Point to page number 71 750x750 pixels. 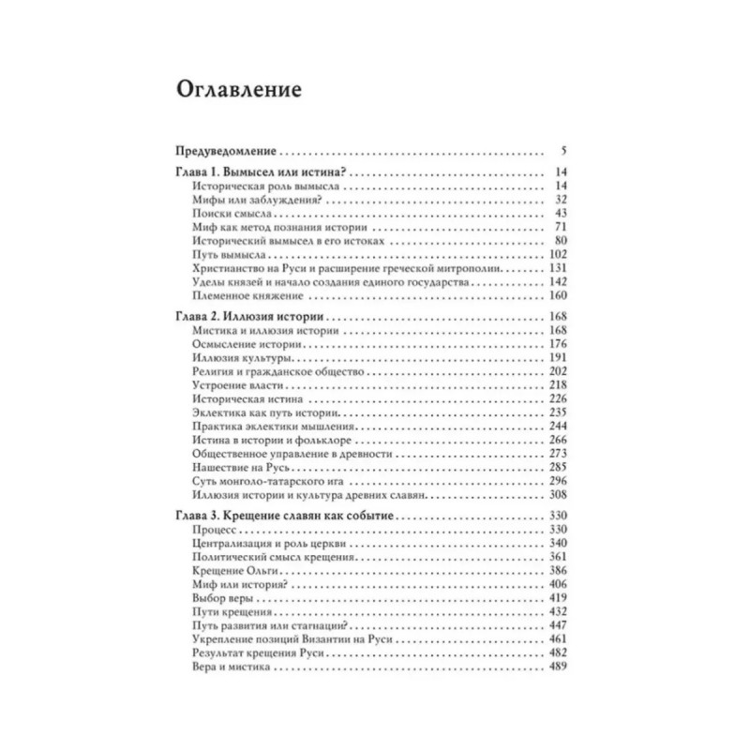[560, 228]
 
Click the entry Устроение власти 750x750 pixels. [237, 385]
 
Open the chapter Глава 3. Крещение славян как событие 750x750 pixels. [286, 517]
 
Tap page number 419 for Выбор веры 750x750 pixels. [557, 596]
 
